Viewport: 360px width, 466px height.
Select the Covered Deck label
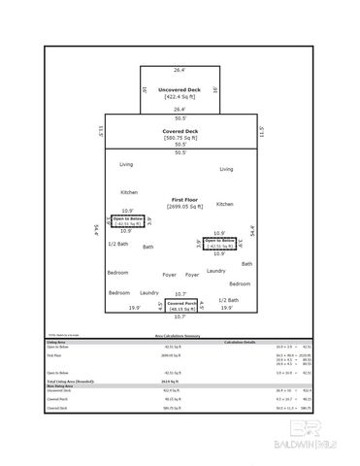[x=180, y=130]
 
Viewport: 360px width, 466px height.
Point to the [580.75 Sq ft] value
[x=180, y=137]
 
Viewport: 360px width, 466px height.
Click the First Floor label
[x=180, y=199]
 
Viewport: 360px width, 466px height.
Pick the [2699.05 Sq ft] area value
[x=180, y=206]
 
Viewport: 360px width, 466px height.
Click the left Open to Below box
[x=127, y=221]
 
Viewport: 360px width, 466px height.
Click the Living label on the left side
[x=126, y=165]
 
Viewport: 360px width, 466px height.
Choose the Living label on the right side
[x=226, y=169]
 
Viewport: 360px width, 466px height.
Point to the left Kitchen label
[x=129, y=192]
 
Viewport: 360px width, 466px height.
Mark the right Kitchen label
[x=225, y=204]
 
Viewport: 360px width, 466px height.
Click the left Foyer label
[x=169, y=275]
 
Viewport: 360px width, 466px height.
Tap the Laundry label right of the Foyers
[x=215, y=271]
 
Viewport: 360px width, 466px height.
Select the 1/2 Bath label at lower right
[x=228, y=300]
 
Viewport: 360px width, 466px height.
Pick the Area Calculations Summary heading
[x=180, y=336]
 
